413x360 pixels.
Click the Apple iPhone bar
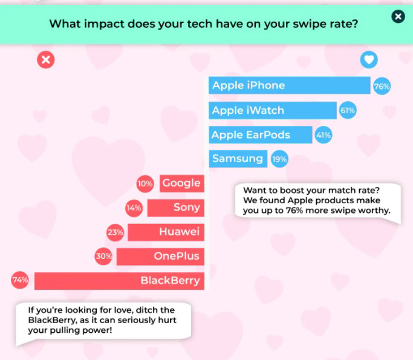click(290, 85)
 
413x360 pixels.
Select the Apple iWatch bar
click(273, 110)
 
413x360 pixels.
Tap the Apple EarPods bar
click(261, 135)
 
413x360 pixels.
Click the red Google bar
click(181, 183)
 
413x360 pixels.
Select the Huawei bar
click(166, 232)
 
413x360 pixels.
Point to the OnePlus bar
click(160, 256)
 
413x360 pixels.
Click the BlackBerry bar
click(119, 281)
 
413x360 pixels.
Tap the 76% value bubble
click(382, 86)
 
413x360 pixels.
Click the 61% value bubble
click(348, 111)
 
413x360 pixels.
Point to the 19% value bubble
click(279, 159)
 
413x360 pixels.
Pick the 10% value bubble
click(145, 183)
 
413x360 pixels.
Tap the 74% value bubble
click(20, 281)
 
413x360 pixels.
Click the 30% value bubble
click(103, 256)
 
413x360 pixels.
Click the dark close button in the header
click(398, 17)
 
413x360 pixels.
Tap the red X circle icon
click(45, 60)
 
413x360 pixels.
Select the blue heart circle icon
click(369, 60)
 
